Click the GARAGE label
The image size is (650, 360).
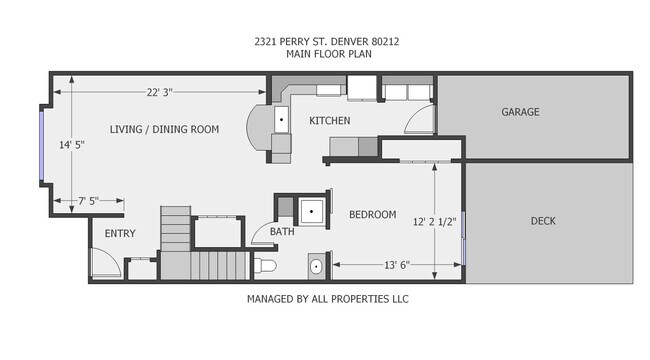pos(520,112)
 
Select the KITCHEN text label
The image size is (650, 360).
pos(329,121)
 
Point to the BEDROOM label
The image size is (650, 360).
pos(372,215)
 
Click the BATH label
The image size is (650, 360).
pos(281,233)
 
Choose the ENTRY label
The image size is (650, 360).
pos(119,234)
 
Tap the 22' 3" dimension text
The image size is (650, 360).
pos(160,92)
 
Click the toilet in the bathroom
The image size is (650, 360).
pos(264,266)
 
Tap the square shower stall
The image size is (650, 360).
pos(314,211)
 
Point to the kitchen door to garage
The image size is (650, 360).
pos(422,120)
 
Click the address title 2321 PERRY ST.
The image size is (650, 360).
pos(324,41)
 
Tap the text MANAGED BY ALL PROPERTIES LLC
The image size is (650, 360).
pos(327,299)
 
